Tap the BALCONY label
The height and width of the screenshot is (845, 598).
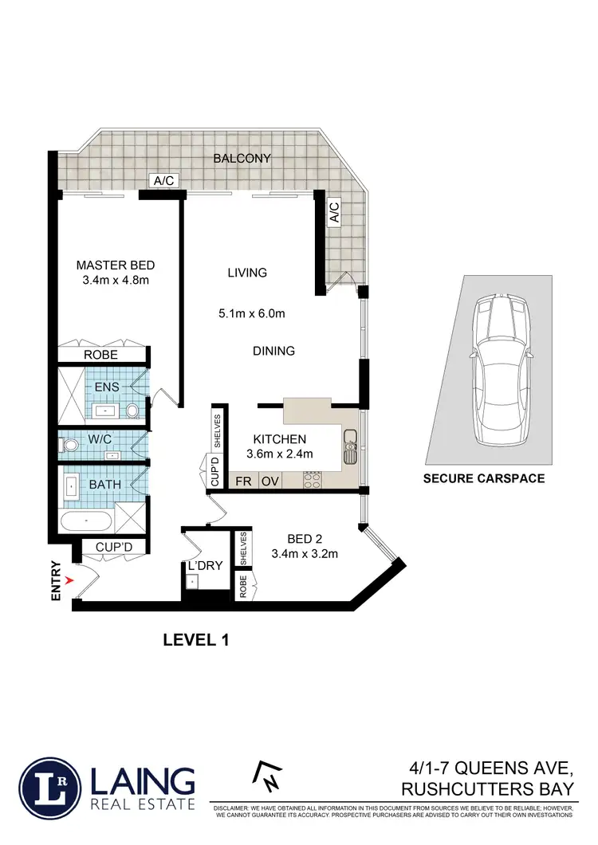pos(242,159)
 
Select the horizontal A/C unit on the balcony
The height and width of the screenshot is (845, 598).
pos(163,181)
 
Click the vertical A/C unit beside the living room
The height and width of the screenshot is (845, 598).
pos(334,212)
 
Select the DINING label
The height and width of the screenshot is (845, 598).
pos(273,351)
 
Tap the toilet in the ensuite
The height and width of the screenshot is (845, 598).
pos(132,411)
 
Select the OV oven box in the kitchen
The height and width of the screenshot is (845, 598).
pos(269,481)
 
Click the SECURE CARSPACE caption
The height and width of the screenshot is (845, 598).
pos(484,479)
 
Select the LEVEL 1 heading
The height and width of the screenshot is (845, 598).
pos(196,639)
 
